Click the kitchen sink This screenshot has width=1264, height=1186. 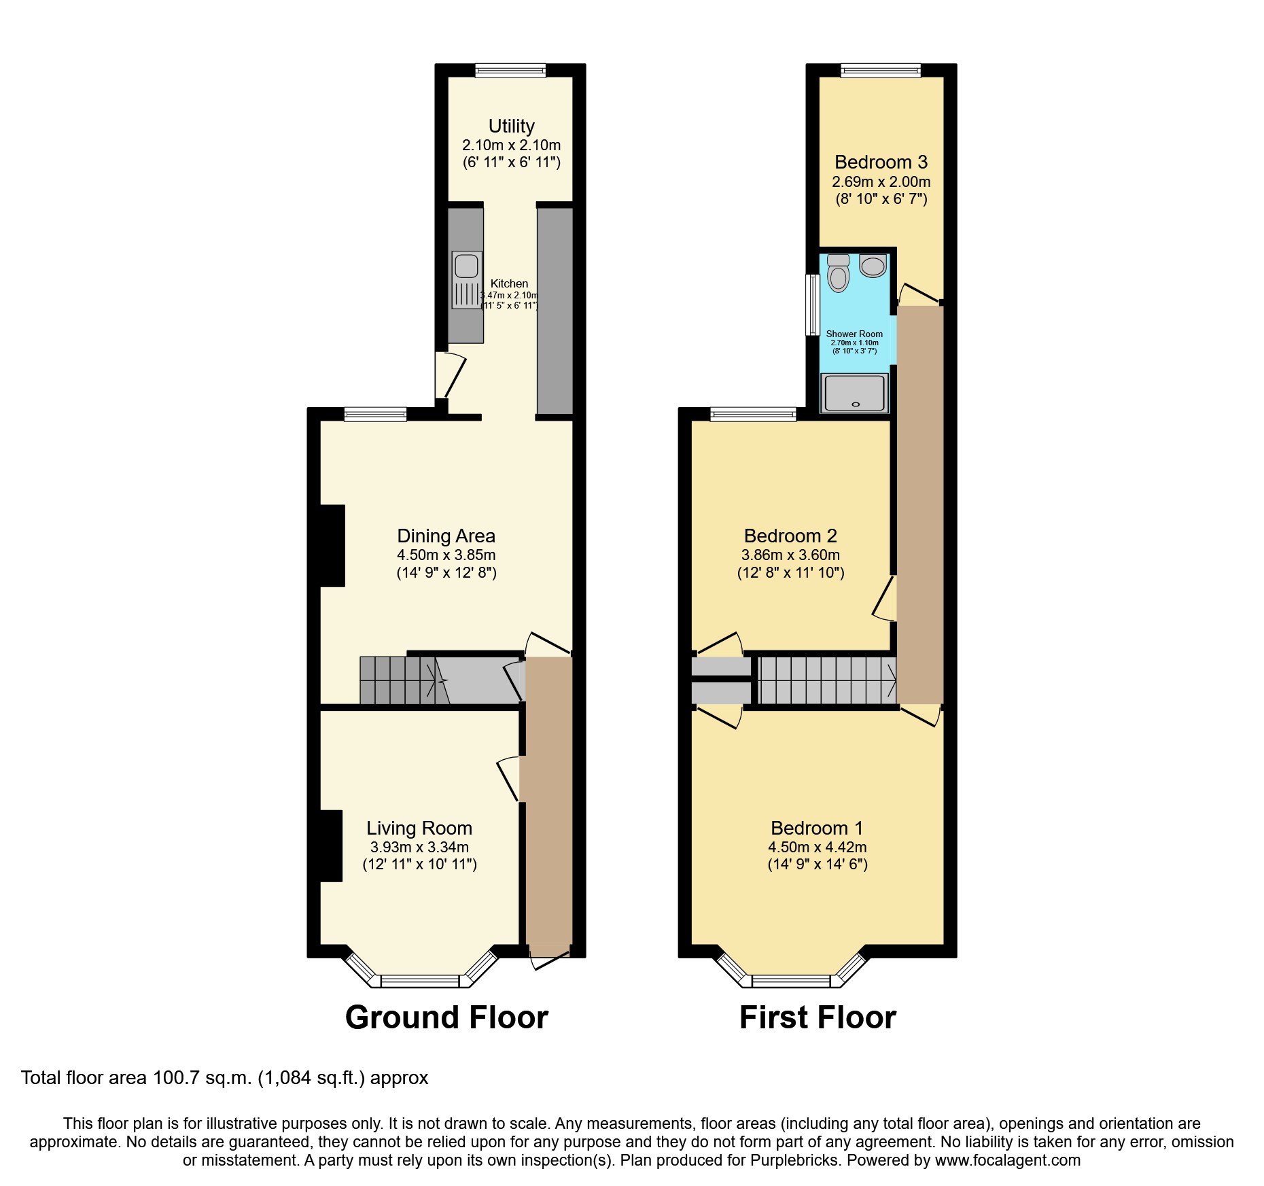coord(467,279)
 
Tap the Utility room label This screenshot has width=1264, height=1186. coord(511,126)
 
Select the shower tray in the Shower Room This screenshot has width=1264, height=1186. coord(855,392)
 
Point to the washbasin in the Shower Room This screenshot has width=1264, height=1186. coord(873,265)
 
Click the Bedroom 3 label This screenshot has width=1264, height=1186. coord(881,162)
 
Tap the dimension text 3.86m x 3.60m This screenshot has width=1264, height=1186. coord(790,555)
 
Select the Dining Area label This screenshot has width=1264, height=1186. coord(446,536)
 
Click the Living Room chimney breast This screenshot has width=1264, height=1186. coord(331,845)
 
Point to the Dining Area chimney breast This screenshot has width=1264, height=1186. coord(332,545)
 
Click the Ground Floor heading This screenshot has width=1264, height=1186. coord(446,1017)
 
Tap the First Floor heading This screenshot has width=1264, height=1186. coord(818,1017)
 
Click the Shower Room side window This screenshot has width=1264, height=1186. coord(812,304)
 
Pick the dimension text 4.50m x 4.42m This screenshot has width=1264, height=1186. coord(817,847)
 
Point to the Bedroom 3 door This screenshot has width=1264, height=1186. coord(919,294)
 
